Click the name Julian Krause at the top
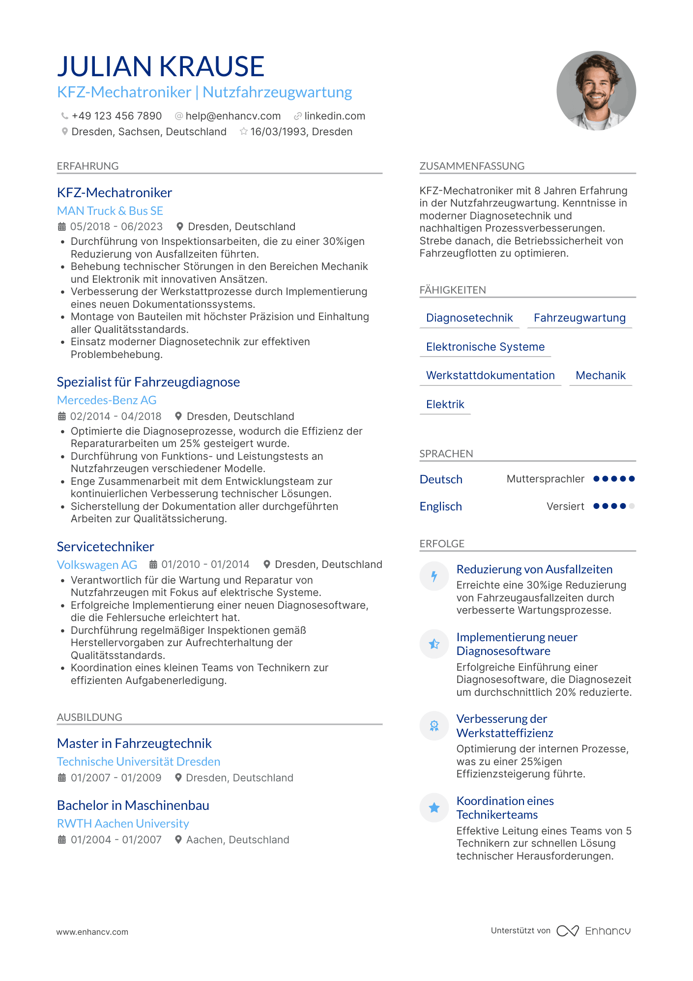click(x=161, y=66)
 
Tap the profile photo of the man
click(x=596, y=91)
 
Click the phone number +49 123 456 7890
click(x=116, y=116)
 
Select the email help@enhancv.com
click(x=233, y=116)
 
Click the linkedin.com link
click(x=335, y=116)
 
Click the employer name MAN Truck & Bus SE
click(x=110, y=211)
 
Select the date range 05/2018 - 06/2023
click(x=116, y=227)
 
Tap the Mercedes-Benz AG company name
click(x=107, y=400)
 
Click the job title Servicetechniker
click(x=106, y=547)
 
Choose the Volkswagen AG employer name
click(x=97, y=565)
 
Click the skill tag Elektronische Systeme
click(x=485, y=347)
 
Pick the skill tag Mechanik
click(x=601, y=376)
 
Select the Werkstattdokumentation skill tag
click(x=490, y=376)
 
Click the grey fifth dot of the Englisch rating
click(x=632, y=506)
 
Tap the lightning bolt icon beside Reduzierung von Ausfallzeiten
click(x=434, y=576)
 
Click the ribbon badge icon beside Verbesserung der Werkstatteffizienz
click(x=434, y=726)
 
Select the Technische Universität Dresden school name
click(x=139, y=762)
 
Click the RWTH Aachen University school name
click(x=123, y=824)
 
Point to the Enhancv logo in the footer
click(x=594, y=931)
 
